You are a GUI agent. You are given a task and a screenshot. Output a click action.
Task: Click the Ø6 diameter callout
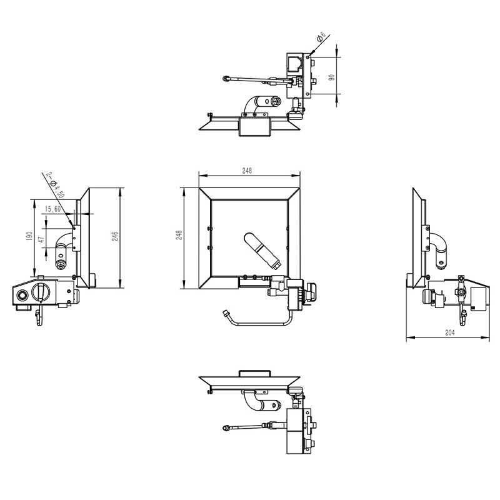(321, 37)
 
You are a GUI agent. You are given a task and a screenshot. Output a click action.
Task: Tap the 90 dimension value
(332, 77)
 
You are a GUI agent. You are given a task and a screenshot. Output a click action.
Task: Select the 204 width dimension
(449, 332)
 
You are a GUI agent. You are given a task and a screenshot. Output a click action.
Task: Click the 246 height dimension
(115, 236)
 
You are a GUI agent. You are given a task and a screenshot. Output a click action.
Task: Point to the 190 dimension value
(29, 236)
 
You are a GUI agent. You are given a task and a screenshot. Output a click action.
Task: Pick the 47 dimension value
(41, 239)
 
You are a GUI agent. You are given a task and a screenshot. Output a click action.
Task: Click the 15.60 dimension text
(52, 209)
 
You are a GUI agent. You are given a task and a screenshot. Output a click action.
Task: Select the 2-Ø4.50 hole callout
(55, 185)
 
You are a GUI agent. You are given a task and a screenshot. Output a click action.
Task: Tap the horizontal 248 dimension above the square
(247, 171)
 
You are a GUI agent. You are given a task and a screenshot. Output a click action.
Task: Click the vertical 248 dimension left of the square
(179, 235)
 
